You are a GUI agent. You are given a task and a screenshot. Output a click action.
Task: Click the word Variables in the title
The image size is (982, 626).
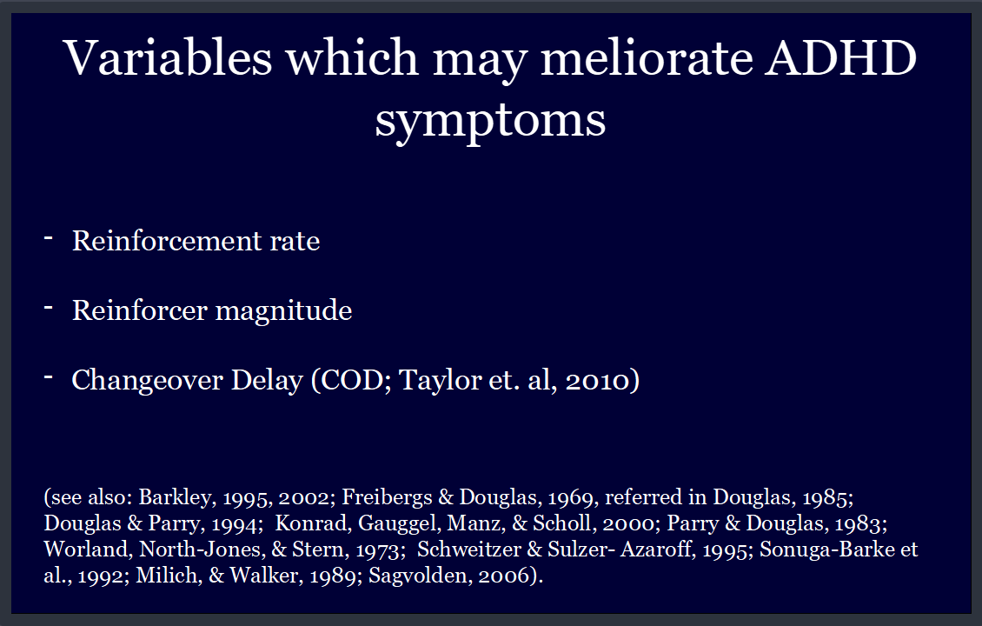click(x=168, y=57)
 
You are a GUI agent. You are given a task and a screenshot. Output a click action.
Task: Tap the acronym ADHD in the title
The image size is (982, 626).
click(x=841, y=57)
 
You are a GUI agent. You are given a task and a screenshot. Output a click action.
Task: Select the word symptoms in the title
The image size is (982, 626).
click(x=490, y=120)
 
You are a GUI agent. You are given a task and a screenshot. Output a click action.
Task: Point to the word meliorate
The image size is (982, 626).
click(x=647, y=57)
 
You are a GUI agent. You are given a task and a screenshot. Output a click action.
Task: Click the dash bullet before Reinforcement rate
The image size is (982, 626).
click(x=48, y=237)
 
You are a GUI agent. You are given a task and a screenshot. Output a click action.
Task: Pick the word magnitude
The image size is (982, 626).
click(x=283, y=310)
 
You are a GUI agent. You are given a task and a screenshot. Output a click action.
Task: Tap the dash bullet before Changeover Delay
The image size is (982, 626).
click(x=48, y=376)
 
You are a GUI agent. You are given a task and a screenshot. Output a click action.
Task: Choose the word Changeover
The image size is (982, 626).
click(x=147, y=380)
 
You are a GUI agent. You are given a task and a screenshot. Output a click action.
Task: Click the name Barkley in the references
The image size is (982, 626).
click(x=176, y=497)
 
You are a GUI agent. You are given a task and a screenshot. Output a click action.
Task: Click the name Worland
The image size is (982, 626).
click(x=89, y=549)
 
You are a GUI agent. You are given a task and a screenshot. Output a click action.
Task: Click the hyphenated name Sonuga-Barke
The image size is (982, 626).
click(x=826, y=549)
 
